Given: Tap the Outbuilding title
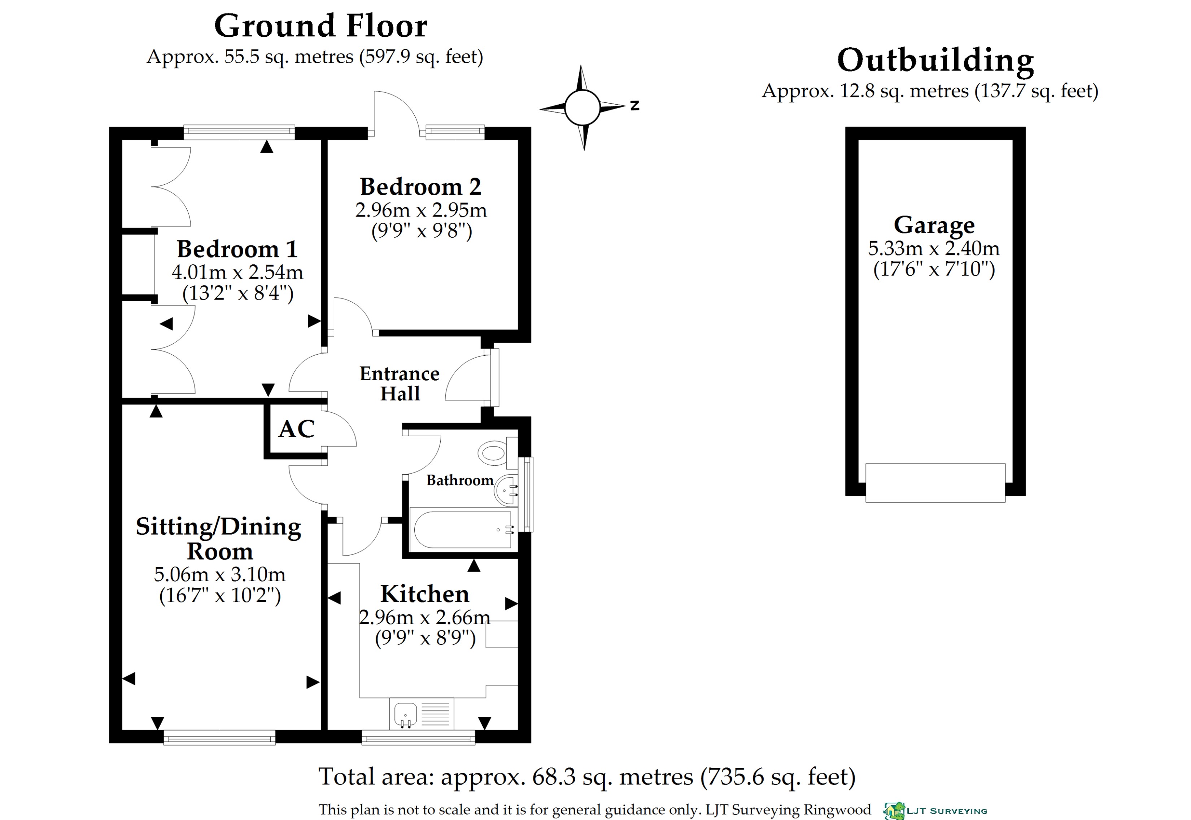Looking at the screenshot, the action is [x=935, y=61].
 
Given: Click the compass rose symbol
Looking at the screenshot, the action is [x=583, y=108].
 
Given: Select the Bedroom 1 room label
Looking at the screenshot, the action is [x=237, y=249].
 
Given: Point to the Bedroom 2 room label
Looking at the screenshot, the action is [x=420, y=187].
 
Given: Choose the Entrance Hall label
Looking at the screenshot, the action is [x=400, y=383].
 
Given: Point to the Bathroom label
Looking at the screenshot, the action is [x=459, y=481].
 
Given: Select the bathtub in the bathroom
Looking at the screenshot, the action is [x=462, y=530].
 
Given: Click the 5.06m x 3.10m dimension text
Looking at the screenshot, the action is [x=219, y=574].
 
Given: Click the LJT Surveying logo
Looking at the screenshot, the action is [x=935, y=811].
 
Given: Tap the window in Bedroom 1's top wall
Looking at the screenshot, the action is [x=239, y=132].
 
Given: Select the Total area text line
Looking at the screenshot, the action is [x=586, y=777].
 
